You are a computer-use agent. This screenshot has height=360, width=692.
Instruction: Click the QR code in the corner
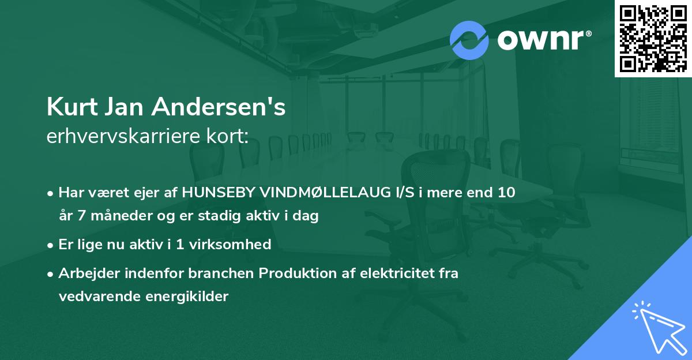[x=653, y=38]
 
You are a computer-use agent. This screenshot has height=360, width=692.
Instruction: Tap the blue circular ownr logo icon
[x=469, y=40]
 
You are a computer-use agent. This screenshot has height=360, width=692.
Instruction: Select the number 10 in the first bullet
[x=506, y=193]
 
